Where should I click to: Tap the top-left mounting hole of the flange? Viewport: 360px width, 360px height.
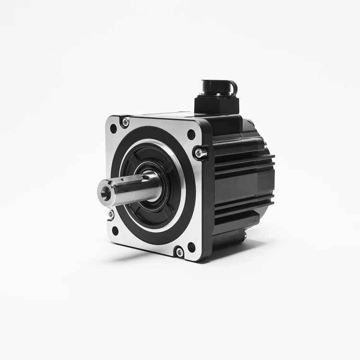[x=113, y=129]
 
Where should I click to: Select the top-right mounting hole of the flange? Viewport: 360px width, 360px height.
[x=191, y=134]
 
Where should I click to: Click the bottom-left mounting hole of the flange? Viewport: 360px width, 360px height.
[x=115, y=230]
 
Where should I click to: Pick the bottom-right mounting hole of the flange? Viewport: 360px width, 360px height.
[x=191, y=247]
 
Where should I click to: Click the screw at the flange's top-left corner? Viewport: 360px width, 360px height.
[x=125, y=122]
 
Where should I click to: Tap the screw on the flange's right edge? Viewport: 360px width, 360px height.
[x=199, y=153]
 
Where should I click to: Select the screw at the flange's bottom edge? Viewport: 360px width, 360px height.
[x=180, y=252]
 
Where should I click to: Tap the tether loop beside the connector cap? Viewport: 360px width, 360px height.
[x=234, y=88]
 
